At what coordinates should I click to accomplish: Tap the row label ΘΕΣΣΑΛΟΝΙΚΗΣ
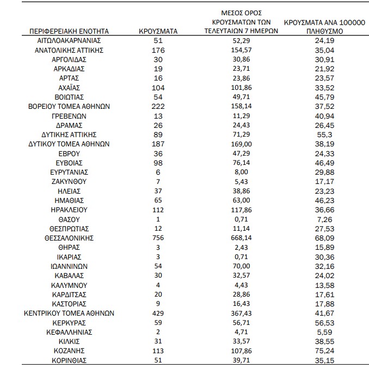coord(69,238)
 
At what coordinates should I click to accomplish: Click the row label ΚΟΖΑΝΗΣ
coord(69,350)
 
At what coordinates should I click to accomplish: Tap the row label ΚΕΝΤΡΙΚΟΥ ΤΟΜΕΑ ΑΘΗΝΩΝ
coord(69,313)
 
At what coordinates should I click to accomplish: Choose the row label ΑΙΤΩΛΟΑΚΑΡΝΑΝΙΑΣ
coord(69,41)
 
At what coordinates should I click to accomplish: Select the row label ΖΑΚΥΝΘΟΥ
coord(69,181)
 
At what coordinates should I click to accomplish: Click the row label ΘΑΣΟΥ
coord(69,219)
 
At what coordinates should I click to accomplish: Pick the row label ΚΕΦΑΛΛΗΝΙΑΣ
coord(69,331)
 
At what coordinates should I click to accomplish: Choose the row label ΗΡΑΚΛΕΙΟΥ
coord(69,210)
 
